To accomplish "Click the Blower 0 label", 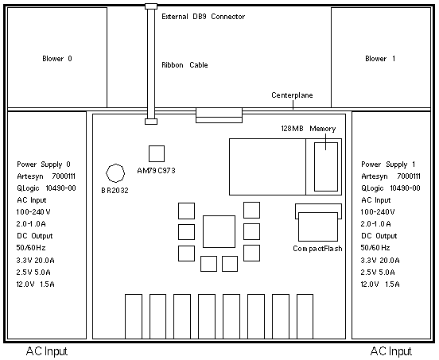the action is click(x=57, y=59).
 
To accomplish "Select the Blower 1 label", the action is click(x=380, y=59).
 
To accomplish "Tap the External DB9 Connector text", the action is click(x=204, y=17).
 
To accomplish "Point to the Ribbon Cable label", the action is click(x=185, y=65).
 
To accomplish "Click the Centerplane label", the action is click(x=292, y=95).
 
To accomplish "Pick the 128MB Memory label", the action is click(x=309, y=129).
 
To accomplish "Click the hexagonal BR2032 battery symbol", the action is click(x=115, y=173).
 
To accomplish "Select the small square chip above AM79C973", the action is click(x=157, y=153).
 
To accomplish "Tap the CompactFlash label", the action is click(x=317, y=249).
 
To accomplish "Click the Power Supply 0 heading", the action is click(x=44, y=165).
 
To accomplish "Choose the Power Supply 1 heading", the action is click(x=388, y=165).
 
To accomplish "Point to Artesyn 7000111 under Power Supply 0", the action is click(x=46, y=176).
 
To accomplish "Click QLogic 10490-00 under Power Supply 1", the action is click(x=390, y=188).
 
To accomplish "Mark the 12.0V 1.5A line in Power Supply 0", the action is click(x=35, y=285).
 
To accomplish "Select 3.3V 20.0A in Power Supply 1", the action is click(x=380, y=261).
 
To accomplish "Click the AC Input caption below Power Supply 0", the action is click(x=47, y=351).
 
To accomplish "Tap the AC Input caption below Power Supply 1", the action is click(x=391, y=351).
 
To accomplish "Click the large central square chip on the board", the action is click(x=219, y=231).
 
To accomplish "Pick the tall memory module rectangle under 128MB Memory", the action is click(x=326, y=167).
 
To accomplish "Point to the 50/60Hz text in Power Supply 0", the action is click(x=31, y=248).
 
